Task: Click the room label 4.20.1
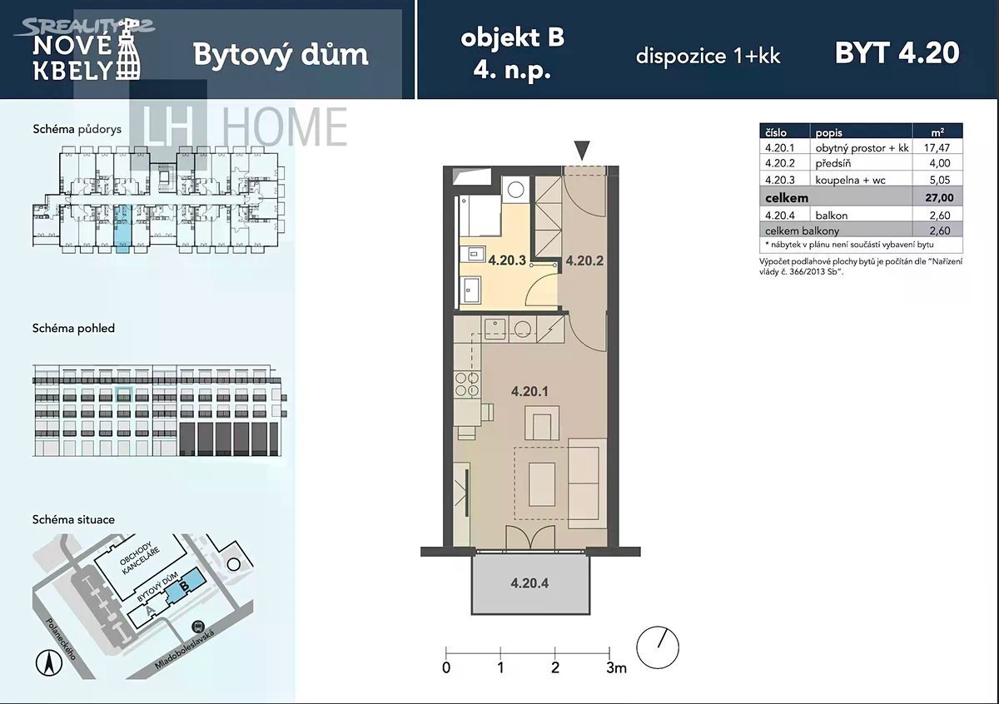pos(529,391)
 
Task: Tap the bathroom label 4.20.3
pos(507,260)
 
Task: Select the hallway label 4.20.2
pos(584,260)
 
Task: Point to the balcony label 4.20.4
pos(529,583)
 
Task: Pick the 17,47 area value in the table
pos(937,147)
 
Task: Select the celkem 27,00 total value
pos(939,197)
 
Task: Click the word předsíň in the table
pos(833,163)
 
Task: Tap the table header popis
pos(829,133)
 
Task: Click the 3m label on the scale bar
pos(616,668)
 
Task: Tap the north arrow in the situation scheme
pos(48,662)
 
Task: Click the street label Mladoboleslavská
pos(184,650)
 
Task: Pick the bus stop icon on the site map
pos(197,627)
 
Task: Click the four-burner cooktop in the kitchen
pos(467,384)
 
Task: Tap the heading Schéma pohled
pos(73,329)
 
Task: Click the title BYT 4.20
pos(897,53)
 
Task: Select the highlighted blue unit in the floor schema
pos(122,228)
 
